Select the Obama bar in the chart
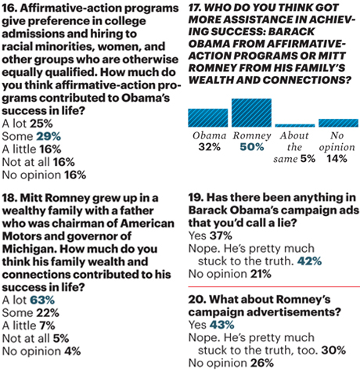pyautogui.click(x=207, y=118)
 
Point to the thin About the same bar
pyautogui.click(x=294, y=125)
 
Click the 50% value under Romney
pyautogui.click(x=250, y=146)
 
